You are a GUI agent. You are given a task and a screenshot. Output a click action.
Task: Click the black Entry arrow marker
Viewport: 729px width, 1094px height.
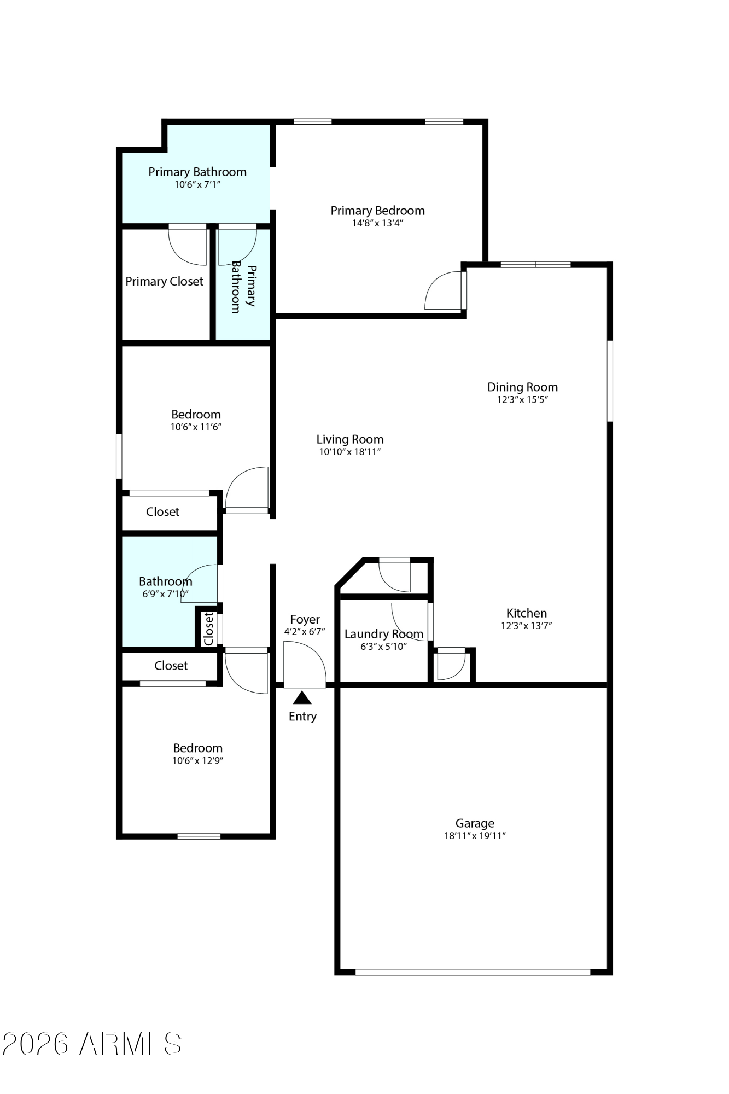(x=302, y=698)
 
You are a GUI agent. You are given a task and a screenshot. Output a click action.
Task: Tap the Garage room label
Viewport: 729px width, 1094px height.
(x=475, y=823)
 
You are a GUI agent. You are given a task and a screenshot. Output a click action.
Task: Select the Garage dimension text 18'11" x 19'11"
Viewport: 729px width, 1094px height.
(x=475, y=836)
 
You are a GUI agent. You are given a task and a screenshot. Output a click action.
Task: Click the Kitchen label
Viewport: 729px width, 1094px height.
(x=526, y=613)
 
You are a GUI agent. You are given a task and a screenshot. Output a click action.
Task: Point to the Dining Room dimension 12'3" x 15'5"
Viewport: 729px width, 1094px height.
(x=522, y=400)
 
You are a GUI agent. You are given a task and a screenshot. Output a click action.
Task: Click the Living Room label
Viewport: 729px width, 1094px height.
(x=350, y=439)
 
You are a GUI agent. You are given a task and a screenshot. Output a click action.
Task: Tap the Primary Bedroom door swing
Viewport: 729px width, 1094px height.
(x=443, y=290)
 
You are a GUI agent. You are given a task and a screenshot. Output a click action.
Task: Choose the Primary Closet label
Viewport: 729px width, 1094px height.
(x=164, y=281)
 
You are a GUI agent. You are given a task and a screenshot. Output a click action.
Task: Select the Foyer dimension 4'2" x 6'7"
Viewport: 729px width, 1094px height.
(x=305, y=632)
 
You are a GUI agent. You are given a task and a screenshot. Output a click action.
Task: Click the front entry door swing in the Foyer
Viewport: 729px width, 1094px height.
(x=305, y=662)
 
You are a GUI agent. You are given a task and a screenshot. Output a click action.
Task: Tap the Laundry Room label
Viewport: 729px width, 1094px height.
(x=383, y=634)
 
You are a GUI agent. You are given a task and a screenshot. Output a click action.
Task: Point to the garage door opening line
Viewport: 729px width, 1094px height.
(x=473, y=972)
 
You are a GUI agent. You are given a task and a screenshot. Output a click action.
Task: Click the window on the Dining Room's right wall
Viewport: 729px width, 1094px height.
(x=610, y=381)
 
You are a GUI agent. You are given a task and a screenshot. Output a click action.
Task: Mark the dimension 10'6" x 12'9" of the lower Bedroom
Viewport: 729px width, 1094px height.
(x=197, y=761)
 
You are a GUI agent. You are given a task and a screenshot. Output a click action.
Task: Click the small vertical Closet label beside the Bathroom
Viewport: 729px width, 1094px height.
(x=208, y=629)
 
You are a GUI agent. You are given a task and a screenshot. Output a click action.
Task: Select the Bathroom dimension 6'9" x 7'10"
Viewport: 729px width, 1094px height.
(x=165, y=594)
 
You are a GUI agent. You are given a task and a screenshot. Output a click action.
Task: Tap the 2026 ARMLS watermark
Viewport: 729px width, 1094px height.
(x=92, y=1044)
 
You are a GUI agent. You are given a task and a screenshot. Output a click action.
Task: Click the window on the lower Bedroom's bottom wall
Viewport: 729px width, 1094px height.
(x=199, y=836)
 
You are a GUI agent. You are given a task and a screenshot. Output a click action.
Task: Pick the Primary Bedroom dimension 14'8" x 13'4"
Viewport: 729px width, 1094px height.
(x=377, y=223)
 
